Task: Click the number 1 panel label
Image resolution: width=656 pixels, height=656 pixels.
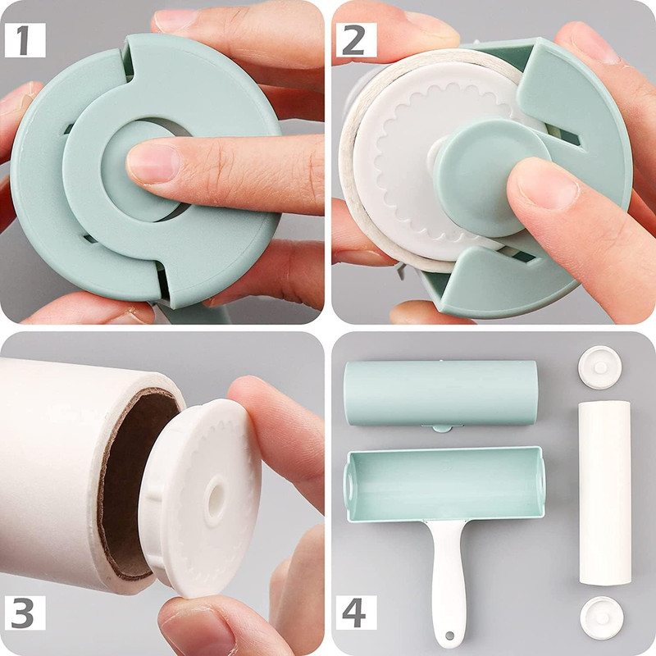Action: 25,40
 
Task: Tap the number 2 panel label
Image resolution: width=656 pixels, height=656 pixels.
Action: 356,40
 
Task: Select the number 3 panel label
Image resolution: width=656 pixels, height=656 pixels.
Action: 25,613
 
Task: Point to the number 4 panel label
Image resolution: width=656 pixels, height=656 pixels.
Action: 356,613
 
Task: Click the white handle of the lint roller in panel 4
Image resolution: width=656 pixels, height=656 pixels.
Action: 449,581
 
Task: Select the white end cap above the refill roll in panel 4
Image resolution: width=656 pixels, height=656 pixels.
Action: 600,367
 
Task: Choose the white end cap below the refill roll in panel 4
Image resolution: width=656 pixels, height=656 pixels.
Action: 602,618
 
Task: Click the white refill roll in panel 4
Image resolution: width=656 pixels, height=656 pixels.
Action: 604,493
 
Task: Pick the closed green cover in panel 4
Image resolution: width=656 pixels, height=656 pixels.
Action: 440,394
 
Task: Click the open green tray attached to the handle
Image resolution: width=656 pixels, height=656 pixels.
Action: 444,484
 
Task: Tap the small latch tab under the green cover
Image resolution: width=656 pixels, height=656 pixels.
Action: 442,428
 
